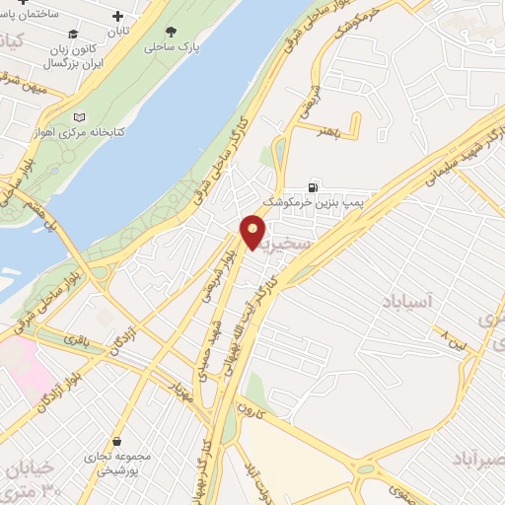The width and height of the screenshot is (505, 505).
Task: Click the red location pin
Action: (x=253, y=232)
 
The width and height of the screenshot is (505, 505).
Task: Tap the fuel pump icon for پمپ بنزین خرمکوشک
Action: (x=314, y=186)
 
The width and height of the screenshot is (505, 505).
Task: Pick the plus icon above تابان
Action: (x=119, y=16)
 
